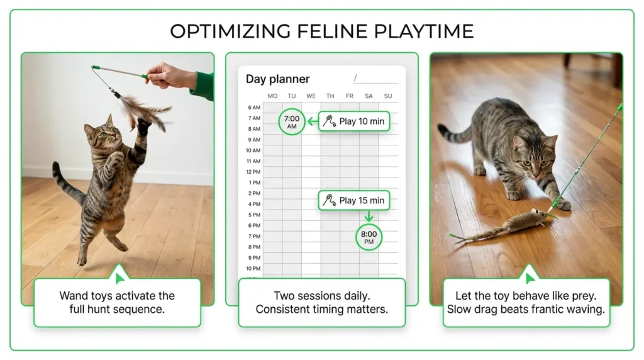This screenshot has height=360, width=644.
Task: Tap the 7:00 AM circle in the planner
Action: (291, 121)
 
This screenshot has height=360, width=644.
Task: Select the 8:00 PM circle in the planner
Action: (369, 237)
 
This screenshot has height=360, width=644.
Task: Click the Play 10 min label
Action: (355, 121)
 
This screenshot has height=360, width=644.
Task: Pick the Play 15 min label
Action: (355, 201)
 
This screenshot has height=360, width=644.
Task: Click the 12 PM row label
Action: (253, 172)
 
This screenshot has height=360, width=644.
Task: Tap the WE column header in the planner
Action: (311, 96)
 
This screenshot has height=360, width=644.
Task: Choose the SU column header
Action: (387, 96)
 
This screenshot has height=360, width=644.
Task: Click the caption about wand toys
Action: (117, 302)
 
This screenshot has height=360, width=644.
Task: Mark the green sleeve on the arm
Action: (203, 86)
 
